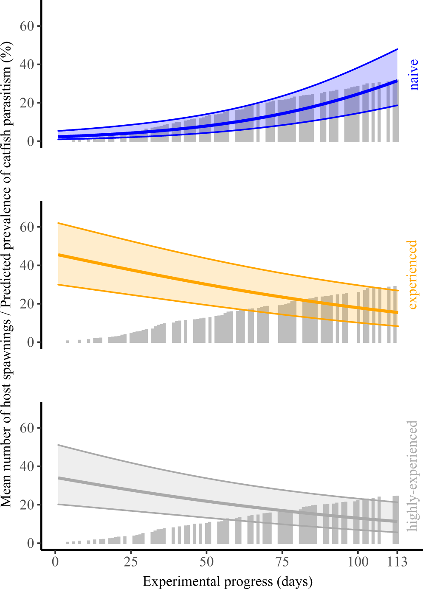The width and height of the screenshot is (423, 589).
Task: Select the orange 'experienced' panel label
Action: coord(412,275)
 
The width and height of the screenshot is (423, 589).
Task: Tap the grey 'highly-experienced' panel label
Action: coord(412,476)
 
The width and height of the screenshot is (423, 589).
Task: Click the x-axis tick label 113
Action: coord(396,562)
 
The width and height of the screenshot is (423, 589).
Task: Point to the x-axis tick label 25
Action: coord(131,562)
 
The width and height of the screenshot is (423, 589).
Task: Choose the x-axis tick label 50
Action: coord(206,562)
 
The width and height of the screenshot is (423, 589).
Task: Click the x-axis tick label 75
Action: coord(282,562)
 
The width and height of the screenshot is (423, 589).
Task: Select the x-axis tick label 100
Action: coord(358,562)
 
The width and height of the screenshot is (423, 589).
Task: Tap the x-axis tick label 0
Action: coord(55,562)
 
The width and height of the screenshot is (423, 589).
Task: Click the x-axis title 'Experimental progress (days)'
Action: coord(228,581)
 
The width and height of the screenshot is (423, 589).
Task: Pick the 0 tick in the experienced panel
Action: coord(31,342)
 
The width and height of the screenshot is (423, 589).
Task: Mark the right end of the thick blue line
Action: coord(397,81)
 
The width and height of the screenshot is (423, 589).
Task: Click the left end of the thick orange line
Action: coord(58,255)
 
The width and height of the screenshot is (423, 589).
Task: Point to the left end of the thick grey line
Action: coord(58,478)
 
